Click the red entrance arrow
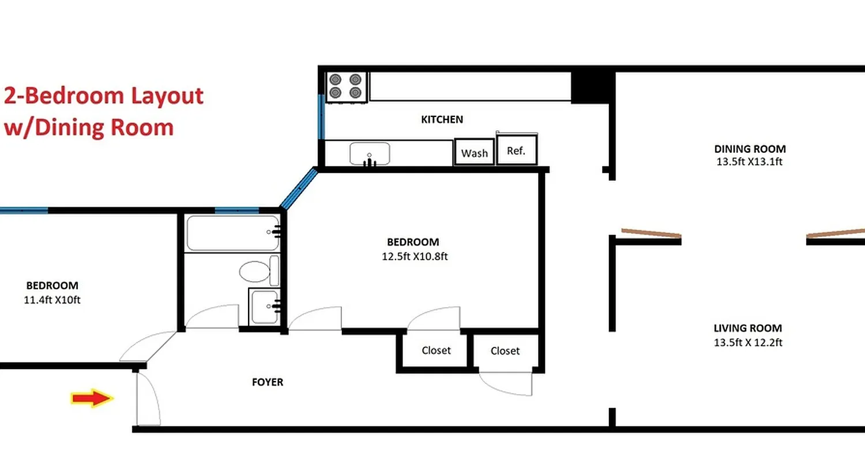[92, 398]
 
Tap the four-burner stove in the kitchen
[347, 86]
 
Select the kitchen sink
[370, 154]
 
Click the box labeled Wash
[475, 153]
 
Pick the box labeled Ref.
[516, 150]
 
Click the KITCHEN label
[442, 119]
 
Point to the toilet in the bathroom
[254, 270]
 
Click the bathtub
[232, 233]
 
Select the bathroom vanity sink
[264, 306]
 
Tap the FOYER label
[268, 382]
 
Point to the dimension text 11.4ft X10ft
[52, 300]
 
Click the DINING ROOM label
[749, 149]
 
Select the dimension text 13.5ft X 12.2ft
[748, 342]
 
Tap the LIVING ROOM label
[748, 328]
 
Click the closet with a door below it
[505, 350]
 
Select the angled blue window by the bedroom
[299, 188]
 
